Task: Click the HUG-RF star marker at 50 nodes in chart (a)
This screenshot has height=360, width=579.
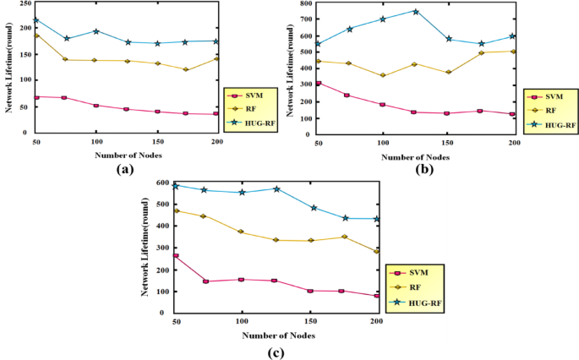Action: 36,19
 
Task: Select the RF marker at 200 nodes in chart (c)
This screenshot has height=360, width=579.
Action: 376,251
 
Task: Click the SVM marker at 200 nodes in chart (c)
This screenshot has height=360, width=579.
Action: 376,296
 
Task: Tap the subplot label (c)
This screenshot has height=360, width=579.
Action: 276,352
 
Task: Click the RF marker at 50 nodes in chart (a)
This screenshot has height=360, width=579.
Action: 36,35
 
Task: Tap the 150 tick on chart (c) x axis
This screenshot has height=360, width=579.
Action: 309,322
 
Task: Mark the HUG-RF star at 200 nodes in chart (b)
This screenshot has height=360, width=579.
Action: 512,36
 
